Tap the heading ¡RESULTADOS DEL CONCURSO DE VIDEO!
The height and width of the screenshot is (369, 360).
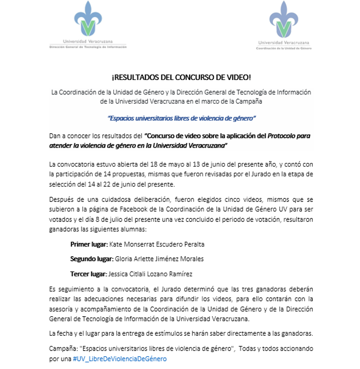181,78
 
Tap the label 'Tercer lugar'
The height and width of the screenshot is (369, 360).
89,274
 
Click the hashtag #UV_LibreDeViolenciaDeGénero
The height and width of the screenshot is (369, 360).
120,358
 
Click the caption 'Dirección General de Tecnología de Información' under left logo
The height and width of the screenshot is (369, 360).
87,46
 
